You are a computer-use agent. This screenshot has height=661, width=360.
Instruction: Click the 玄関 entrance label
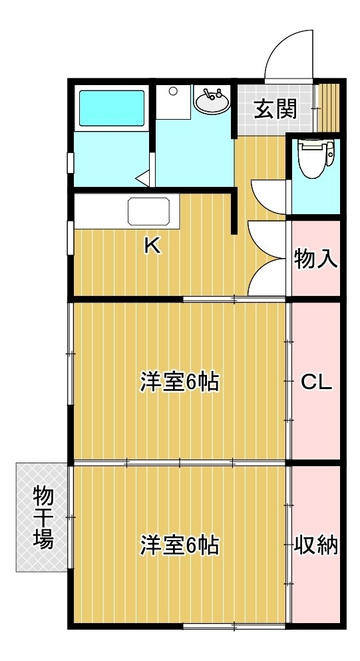point(275,109)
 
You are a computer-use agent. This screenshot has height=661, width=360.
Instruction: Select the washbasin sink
point(212,101)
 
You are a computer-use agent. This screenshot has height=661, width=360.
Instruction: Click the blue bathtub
point(112,108)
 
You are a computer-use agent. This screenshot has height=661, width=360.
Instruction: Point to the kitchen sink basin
point(149,211)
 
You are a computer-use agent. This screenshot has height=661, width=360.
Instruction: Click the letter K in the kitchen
point(152,246)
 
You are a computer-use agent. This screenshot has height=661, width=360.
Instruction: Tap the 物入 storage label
point(316,259)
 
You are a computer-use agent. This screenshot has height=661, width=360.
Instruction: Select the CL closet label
point(317,382)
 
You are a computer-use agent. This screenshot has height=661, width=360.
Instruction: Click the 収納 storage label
point(316,545)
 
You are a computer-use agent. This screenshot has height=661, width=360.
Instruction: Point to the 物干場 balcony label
point(43,517)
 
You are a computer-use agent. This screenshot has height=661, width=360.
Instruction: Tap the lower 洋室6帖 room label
point(180,545)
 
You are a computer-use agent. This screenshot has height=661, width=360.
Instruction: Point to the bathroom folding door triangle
point(144,178)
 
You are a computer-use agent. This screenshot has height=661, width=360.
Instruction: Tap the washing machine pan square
point(173,102)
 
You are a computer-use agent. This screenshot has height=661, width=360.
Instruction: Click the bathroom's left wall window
point(71,163)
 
